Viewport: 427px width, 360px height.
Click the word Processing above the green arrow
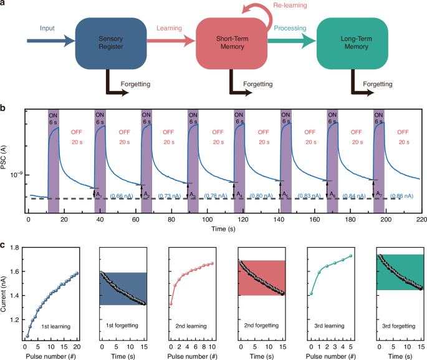290,28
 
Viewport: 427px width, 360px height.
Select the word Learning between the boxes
170,28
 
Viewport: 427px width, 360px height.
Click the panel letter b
4,109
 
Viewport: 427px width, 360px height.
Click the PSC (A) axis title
9,162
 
